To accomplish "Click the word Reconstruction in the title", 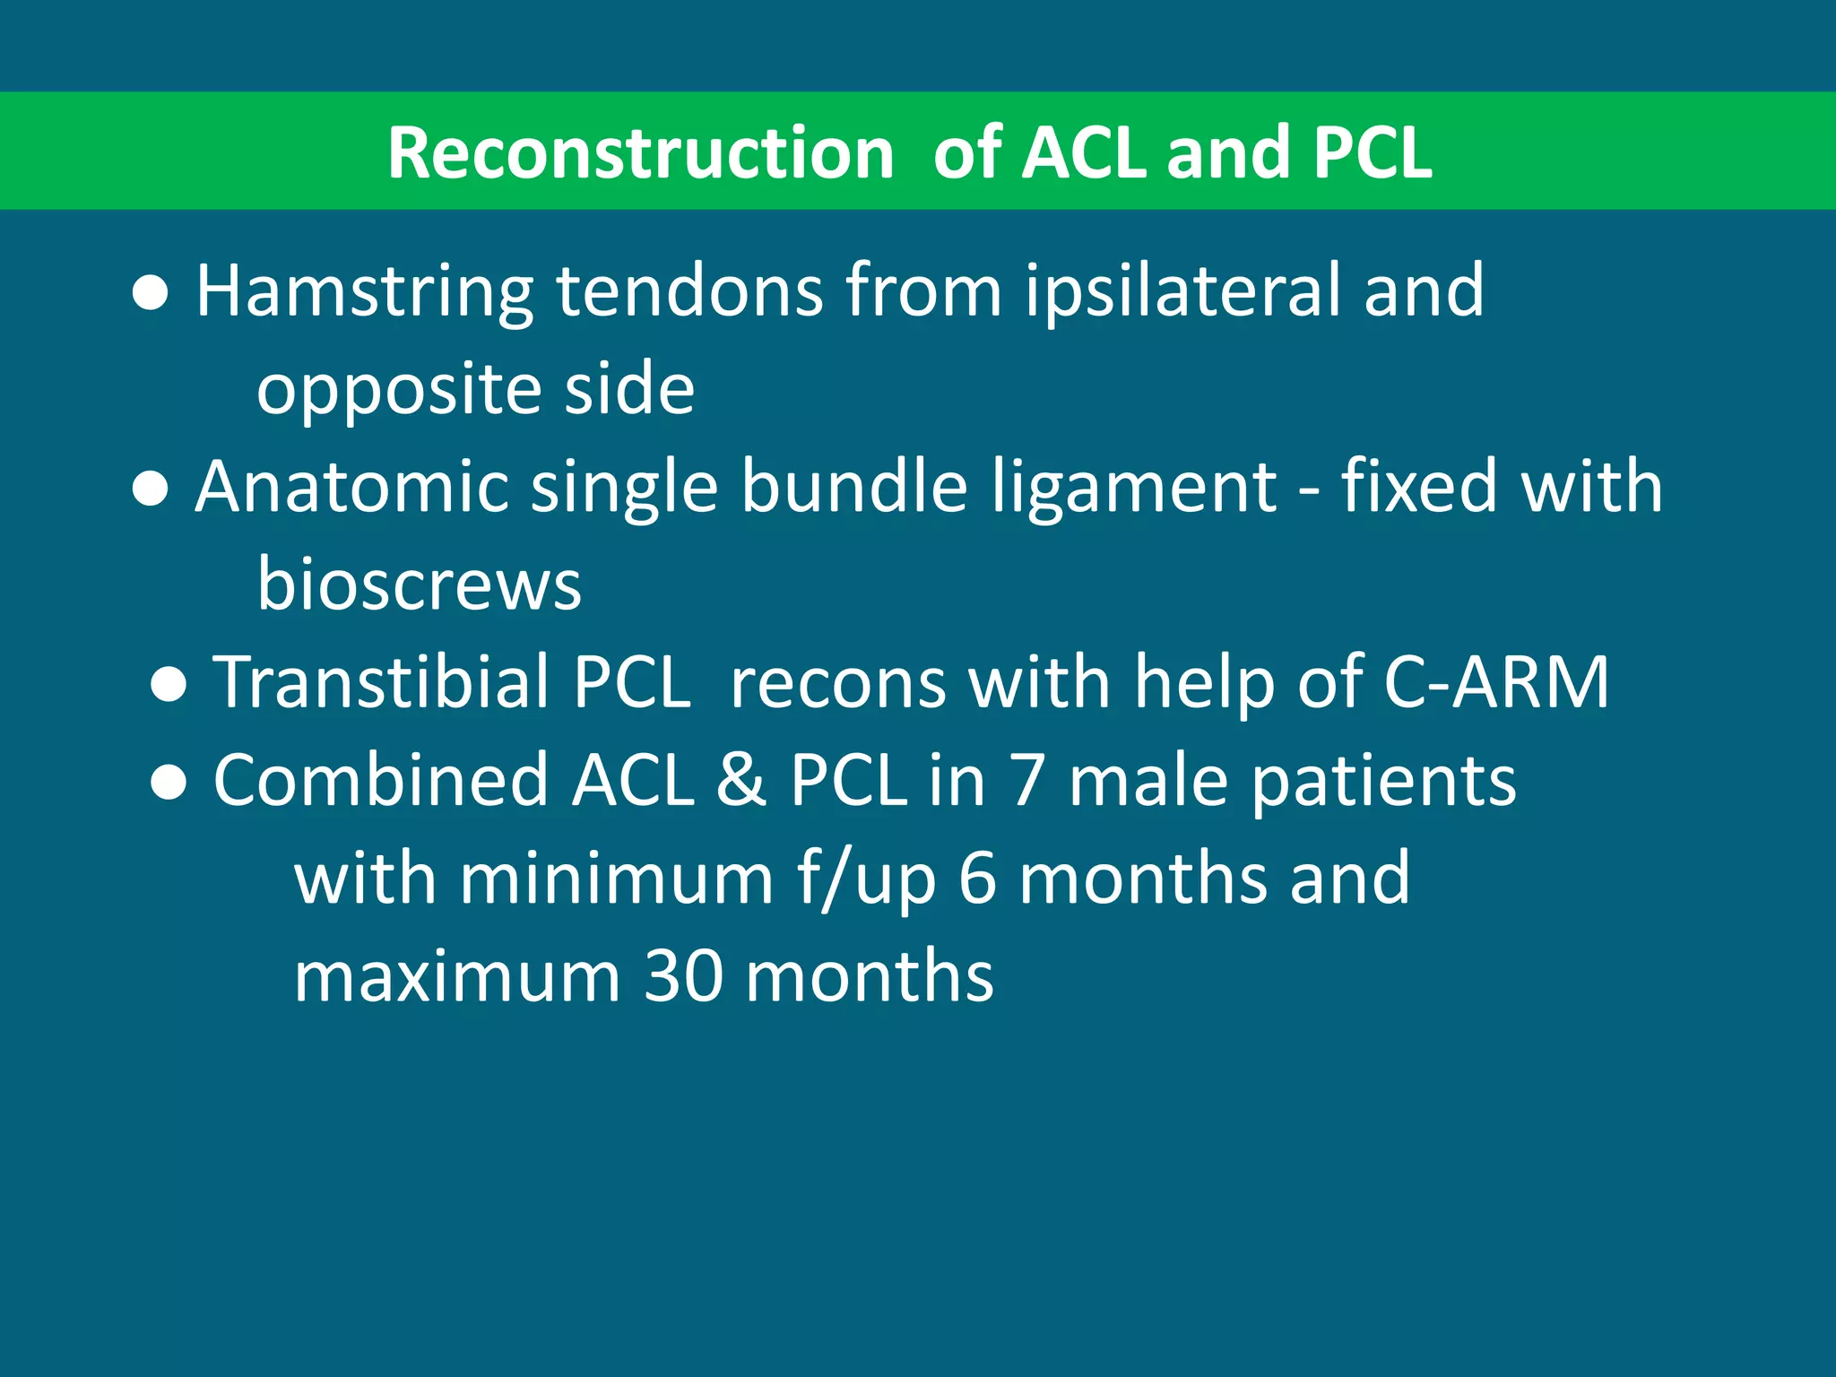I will (640, 152).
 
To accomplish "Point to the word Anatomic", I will (351, 487).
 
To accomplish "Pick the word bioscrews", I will (419, 584).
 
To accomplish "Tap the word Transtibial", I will (381, 682).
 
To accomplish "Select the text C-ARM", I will (1496, 682).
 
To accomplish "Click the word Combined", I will (380, 780).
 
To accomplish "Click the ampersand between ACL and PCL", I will (740, 780).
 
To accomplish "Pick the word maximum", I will (457, 975).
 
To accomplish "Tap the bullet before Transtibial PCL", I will (169, 685).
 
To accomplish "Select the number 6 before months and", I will (977, 879).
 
